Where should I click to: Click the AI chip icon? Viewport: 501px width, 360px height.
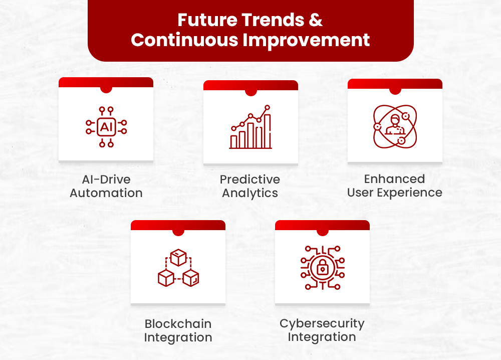(x=106, y=127)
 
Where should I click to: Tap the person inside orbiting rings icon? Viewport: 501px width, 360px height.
(x=395, y=126)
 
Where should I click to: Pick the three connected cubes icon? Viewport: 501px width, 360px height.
(x=178, y=270)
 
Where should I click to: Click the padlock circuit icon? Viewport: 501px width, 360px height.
(x=322, y=268)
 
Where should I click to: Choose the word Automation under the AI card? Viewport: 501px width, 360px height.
(x=106, y=193)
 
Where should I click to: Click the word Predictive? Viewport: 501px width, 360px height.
(x=250, y=179)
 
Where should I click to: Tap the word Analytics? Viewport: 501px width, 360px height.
(x=250, y=193)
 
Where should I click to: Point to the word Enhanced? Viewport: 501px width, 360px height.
(x=394, y=179)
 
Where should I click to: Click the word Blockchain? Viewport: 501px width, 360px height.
(x=178, y=324)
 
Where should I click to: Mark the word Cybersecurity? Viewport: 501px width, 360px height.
(x=322, y=323)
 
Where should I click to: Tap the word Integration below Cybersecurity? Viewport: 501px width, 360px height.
(x=322, y=337)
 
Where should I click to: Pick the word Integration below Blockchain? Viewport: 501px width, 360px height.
(x=178, y=337)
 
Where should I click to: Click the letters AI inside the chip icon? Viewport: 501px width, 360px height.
(x=106, y=127)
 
